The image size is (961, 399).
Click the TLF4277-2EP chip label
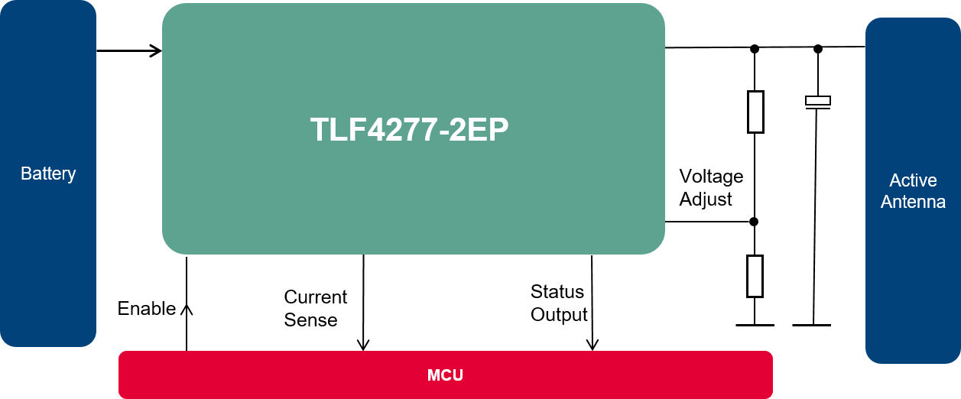(409, 130)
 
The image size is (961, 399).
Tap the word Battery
(48, 174)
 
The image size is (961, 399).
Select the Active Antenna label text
(913, 191)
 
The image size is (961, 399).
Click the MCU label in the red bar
(445, 375)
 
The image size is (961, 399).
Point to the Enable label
(146, 309)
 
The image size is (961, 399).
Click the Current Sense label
(315, 308)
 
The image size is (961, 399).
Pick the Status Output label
(559, 303)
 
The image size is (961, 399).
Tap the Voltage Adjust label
(711, 188)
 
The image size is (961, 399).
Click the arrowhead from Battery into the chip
(157, 51)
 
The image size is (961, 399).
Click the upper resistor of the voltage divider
(755, 112)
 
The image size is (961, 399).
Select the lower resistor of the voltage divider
(755, 276)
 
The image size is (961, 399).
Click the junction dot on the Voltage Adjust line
(754, 222)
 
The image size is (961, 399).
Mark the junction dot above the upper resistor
(755, 48)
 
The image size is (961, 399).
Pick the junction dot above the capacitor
(817, 48)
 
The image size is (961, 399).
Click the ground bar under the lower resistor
(755, 325)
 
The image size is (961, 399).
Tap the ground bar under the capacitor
(812, 325)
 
